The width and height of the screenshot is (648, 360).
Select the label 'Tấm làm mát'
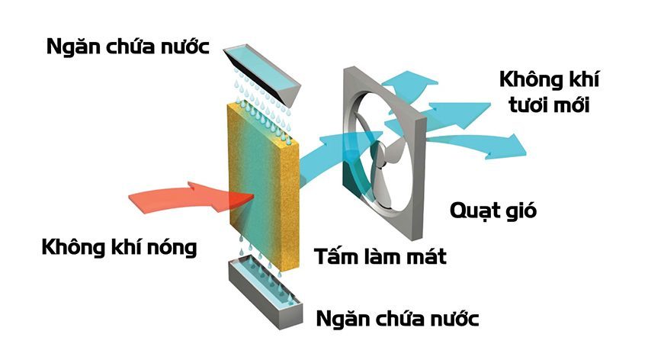pos(380,256)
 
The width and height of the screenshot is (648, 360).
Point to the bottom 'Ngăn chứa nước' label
pos(397,317)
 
